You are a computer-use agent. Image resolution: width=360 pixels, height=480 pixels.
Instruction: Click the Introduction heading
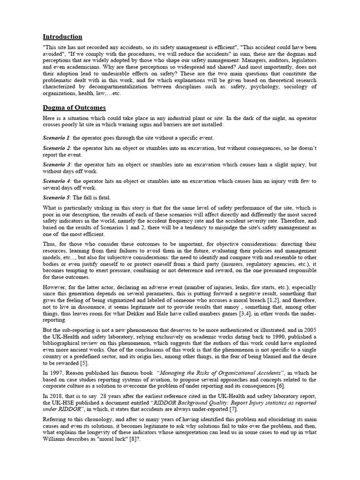coord(62,37)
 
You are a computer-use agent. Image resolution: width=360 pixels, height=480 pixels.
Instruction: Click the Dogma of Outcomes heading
coord(74,108)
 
